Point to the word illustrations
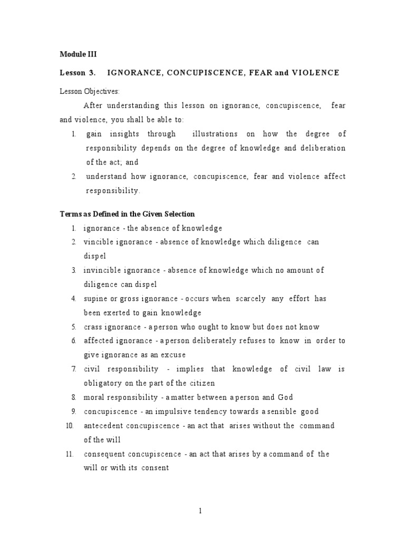click(x=215, y=134)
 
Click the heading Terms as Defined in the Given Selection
click(x=127, y=214)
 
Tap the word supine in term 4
click(x=95, y=298)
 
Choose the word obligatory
click(x=102, y=383)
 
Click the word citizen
click(x=201, y=383)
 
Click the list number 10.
click(x=70, y=426)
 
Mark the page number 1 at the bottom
click(x=201, y=510)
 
